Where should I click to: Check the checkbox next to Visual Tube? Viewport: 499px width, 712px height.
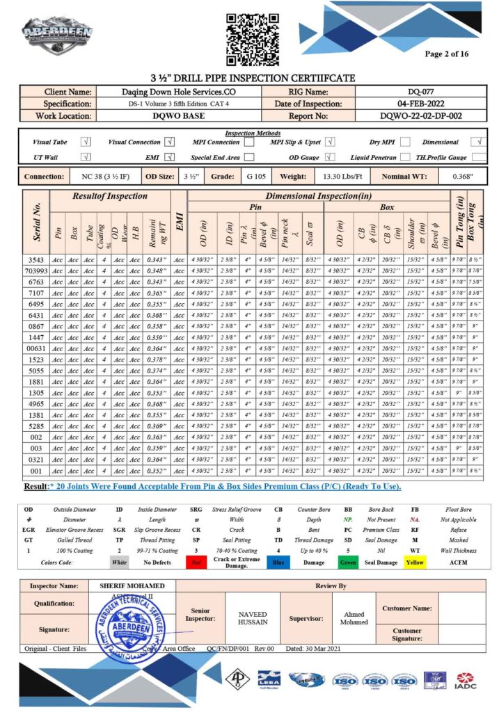pyautogui.click(x=86, y=142)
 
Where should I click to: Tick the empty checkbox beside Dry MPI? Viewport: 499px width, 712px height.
pyautogui.click(x=405, y=142)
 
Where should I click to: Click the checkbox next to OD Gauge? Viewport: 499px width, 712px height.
pyautogui.click(x=330, y=157)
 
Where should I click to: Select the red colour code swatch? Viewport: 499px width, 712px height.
pyautogui.click(x=197, y=563)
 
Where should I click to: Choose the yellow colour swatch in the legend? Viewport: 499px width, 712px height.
pyautogui.click(x=415, y=563)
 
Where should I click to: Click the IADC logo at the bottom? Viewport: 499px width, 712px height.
pyautogui.click(x=466, y=681)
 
